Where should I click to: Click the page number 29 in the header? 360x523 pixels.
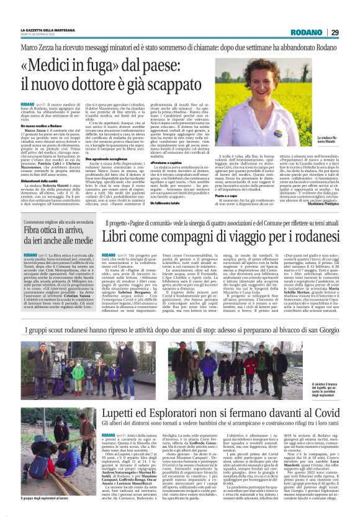[335, 32]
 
